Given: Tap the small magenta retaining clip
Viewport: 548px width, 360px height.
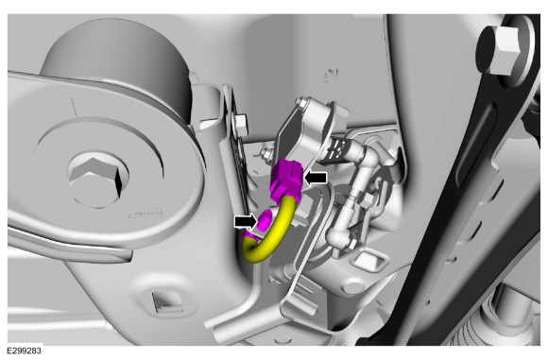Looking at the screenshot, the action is coord(264,220).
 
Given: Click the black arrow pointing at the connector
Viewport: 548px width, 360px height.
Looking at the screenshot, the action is coord(316,179).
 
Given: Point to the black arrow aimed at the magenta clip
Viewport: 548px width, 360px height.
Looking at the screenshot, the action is coord(246,222).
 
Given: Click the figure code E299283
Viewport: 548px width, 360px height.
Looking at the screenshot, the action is coord(24,351).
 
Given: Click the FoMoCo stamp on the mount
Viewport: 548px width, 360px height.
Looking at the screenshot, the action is coord(146,213).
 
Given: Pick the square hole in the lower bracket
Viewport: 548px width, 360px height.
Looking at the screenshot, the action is coord(168,301).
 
